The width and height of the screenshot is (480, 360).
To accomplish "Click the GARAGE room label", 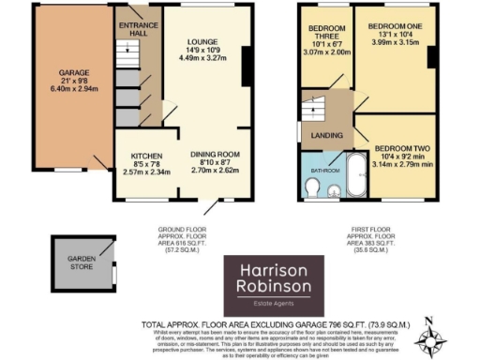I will click(63, 73).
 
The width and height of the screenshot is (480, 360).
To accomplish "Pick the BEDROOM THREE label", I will click(328, 34).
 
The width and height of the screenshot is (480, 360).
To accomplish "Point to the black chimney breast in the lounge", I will click(246, 67).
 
